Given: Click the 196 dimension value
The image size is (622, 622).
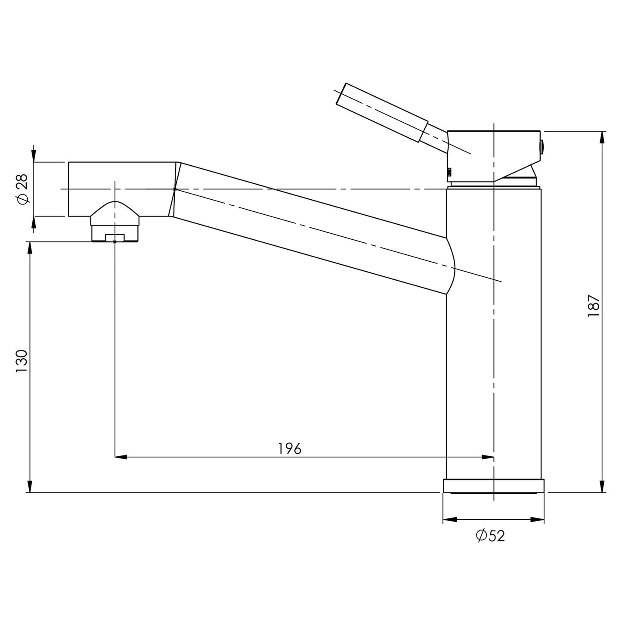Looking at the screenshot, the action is pos(290,449).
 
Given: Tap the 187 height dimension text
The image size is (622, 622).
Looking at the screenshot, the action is pos(594,306).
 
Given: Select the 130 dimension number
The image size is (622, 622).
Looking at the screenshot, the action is pos(22,361).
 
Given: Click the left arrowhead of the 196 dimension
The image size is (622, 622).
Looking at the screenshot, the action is pos(121,457).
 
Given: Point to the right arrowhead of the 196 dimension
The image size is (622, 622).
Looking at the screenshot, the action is pos(488,457).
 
